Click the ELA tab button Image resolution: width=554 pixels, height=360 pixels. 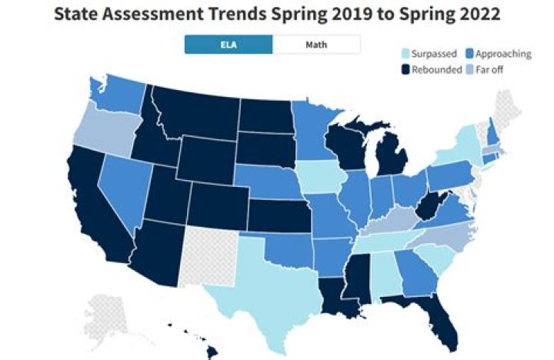pyautogui.click(x=228, y=45)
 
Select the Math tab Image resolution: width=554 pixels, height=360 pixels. pyautogui.click(x=315, y=45)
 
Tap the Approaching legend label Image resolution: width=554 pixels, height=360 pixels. pyautogui.click(x=503, y=54)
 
